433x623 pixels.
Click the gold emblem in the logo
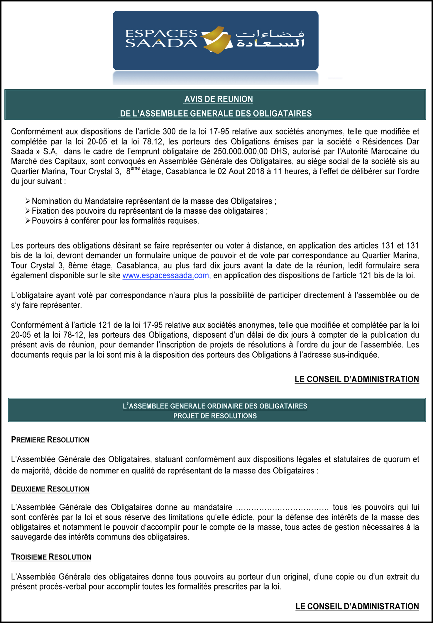[217, 40]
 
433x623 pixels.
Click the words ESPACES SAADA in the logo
[162, 38]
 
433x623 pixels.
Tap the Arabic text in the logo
[270, 39]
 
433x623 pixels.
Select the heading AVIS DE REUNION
[219, 99]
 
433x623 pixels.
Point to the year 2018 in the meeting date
[256, 171]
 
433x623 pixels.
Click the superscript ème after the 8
[135, 168]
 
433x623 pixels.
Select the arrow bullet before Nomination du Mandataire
[28, 201]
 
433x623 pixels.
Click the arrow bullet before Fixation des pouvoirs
[28, 211]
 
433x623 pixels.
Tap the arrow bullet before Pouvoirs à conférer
[28, 221]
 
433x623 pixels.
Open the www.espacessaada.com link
[166, 275]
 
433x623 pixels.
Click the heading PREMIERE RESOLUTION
[50, 440]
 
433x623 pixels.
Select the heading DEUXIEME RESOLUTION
[50, 489]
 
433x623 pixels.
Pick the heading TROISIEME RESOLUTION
[51, 557]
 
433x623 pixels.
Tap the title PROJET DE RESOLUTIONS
[215, 416]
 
